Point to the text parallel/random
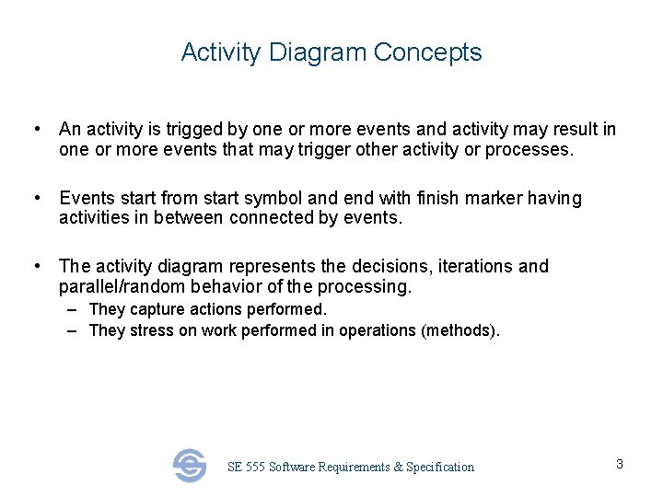pyautogui.click(x=117, y=286)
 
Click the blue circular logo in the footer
pyautogui.click(x=190, y=466)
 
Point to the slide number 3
pyautogui.click(x=620, y=464)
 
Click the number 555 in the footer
pyautogui.click(x=255, y=468)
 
